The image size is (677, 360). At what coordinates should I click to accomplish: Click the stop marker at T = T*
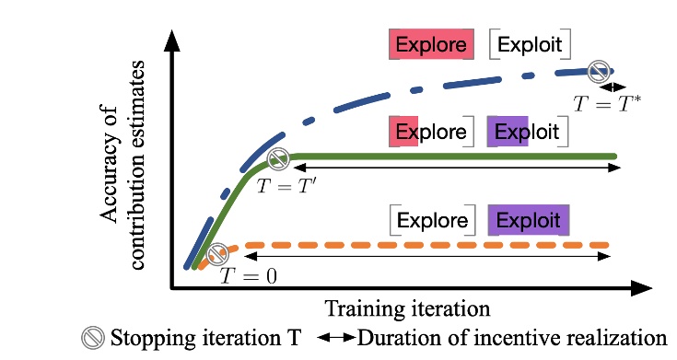pyautogui.click(x=600, y=69)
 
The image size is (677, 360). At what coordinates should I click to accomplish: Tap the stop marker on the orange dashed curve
pyautogui.click(x=218, y=252)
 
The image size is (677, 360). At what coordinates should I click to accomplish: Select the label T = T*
pyautogui.click(x=607, y=102)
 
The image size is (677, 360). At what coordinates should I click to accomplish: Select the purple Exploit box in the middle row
pyautogui.click(x=528, y=132)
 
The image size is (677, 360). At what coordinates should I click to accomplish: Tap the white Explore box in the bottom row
pyautogui.click(x=433, y=221)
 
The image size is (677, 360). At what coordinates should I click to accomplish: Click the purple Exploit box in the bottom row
pyautogui.click(x=529, y=221)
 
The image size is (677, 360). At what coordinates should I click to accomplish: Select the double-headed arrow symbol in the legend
pyautogui.click(x=336, y=338)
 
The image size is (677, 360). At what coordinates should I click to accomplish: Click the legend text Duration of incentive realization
pyautogui.click(x=511, y=337)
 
